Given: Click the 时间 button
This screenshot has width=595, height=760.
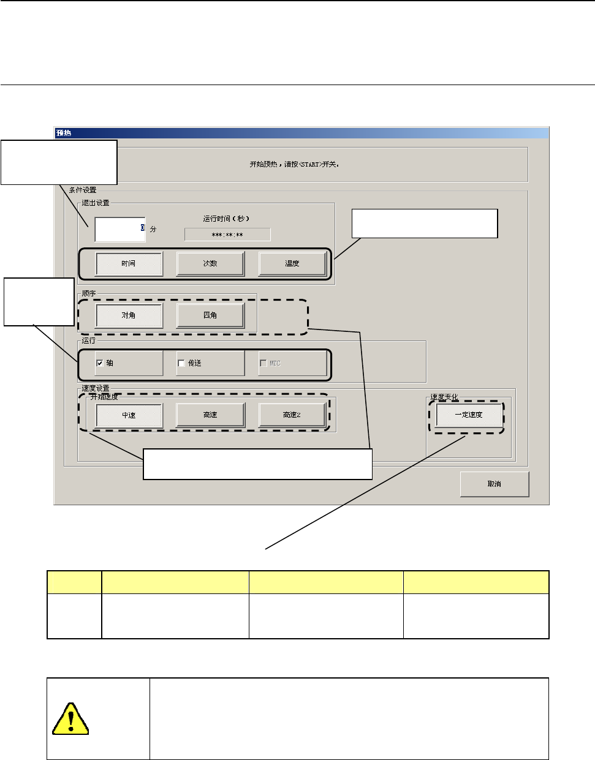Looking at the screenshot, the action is pos(129,264).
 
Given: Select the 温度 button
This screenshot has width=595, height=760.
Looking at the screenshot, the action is pos(292,264).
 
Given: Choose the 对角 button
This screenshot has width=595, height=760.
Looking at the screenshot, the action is pos(129,315).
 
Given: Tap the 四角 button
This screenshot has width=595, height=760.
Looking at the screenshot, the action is pos(210,315).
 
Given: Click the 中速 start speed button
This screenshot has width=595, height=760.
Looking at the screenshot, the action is pos(129,415).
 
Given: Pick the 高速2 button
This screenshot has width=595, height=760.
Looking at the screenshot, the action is pos(292,415).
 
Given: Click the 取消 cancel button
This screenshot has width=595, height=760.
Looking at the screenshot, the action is pos(494,484).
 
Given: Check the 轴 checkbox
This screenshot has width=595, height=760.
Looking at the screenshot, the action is pos(100,363).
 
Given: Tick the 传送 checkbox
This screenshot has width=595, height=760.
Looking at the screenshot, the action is pos(181,363).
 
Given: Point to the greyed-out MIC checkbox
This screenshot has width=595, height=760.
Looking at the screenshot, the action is pos(263,363).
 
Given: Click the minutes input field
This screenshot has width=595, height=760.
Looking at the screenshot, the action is pos(119,229).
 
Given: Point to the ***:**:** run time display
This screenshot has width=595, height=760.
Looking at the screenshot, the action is pos(227,235).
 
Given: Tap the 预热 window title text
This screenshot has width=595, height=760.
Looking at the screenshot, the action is pos(64,133).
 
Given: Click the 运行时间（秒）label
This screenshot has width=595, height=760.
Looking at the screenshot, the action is pos(226,219).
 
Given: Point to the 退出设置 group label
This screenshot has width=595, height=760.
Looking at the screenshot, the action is pos(96,203).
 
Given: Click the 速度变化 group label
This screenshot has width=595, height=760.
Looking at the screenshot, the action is pos(444,397).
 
